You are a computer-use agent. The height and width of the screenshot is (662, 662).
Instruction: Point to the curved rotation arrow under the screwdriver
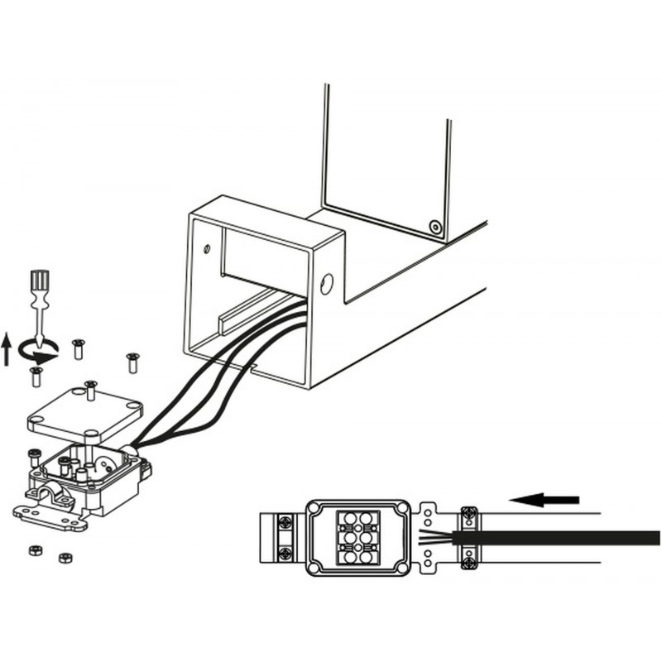[x=38, y=351]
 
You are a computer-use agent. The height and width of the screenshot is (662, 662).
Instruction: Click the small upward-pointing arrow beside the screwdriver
[x=7, y=348]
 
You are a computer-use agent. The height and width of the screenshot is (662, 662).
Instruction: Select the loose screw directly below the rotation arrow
[x=36, y=377]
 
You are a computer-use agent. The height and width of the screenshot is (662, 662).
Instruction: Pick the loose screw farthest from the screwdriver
[x=132, y=362]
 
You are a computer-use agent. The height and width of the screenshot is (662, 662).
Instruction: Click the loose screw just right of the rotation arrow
[x=78, y=348]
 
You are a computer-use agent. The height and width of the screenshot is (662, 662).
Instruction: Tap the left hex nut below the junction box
[x=36, y=550]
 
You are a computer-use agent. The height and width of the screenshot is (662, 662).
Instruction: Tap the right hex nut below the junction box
[x=65, y=557]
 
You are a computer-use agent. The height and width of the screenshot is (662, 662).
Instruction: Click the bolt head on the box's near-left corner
[x=33, y=456]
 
